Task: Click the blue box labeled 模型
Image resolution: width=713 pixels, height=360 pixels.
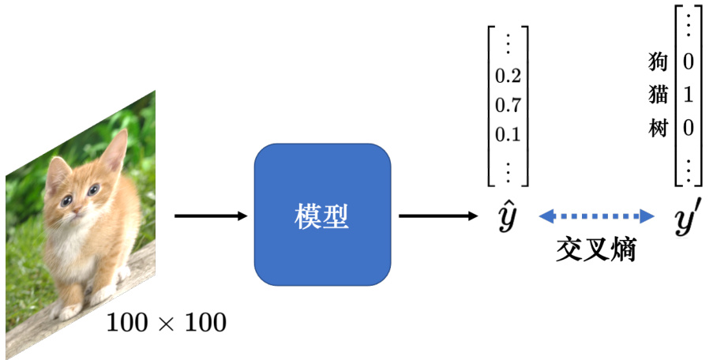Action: [x=322, y=215]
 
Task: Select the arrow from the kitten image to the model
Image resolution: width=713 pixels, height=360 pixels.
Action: [x=210, y=216]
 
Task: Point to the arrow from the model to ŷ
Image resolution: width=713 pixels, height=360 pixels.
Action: [x=438, y=216]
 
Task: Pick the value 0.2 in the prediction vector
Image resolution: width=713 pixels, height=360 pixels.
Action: [x=508, y=76]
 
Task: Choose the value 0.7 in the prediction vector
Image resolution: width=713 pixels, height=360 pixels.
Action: [x=508, y=105]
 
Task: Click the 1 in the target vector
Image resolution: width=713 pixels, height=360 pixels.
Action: [x=688, y=95]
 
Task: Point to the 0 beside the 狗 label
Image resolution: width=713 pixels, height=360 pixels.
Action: [x=688, y=61]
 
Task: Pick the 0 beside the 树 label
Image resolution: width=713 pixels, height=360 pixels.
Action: [x=688, y=128]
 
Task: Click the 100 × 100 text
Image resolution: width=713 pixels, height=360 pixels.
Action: [x=166, y=322]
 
